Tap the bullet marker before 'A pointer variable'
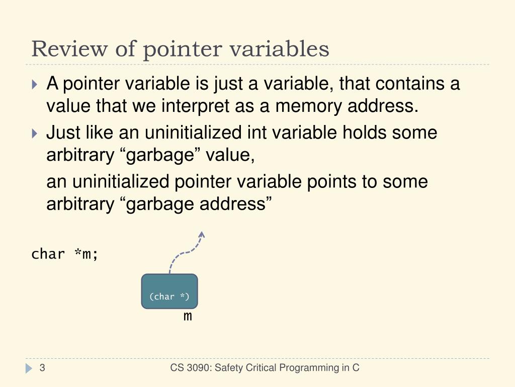[x=34, y=84]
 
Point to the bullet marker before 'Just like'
[x=34, y=134]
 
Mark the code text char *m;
[x=65, y=254]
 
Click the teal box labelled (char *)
[x=169, y=291]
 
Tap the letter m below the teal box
[x=188, y=316]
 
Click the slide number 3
[x=43, y=368]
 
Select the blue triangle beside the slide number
[x=29, y=369]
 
